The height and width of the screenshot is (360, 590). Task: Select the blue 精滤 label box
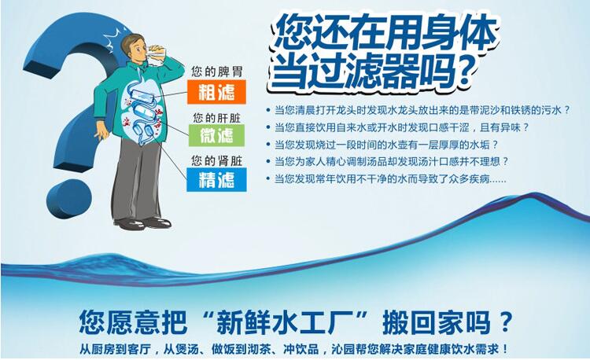point(216,181)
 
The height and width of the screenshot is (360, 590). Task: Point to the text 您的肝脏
point(215,117)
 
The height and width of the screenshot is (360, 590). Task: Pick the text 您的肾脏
point(215,160)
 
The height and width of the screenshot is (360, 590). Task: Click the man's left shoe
point(157,222)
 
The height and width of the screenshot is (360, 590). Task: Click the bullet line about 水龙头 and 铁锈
point(428,110)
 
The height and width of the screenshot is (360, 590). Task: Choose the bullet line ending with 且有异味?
point(401,127)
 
